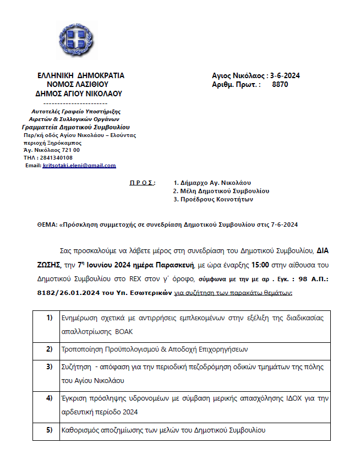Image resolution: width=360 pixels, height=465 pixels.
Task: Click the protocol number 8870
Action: (280, 85)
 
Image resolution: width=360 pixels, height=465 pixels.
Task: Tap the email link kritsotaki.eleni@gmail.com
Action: (79, 166)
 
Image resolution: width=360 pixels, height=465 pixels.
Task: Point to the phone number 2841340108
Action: (56, 157)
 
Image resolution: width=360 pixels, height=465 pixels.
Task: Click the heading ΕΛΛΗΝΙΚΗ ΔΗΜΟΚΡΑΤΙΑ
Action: (80, 76)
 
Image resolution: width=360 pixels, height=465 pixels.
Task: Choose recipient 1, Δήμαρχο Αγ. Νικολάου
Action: (211, 183)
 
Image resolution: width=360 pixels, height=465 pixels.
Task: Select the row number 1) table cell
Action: (50, 319)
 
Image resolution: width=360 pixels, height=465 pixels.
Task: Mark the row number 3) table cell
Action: (50, 366)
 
